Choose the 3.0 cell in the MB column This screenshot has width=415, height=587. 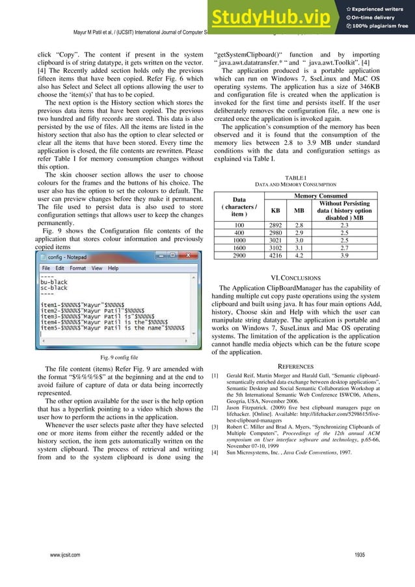pos(299,240)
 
